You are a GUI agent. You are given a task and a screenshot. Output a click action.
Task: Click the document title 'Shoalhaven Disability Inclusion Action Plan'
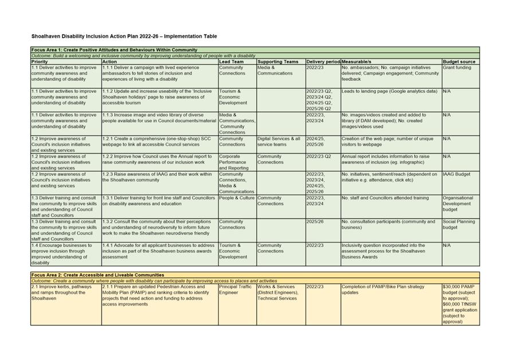point(124,36)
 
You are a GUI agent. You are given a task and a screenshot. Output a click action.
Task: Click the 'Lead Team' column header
point(231,61)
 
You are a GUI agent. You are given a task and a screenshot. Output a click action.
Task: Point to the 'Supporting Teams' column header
point(278,61)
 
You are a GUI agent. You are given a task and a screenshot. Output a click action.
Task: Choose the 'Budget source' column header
point(459,61)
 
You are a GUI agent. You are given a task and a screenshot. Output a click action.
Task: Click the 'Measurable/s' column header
point(356,61)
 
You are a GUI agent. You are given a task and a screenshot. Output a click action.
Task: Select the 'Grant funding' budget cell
point(457,68)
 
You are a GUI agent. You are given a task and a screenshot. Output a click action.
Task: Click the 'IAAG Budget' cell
point(457,174)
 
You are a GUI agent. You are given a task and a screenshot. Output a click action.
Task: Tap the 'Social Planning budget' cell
point(457,224)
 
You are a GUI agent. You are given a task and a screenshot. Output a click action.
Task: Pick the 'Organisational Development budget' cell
point(458,204)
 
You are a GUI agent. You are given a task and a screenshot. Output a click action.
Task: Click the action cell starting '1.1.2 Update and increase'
point(155,97)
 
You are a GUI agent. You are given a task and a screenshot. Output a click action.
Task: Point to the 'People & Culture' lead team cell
point(237,198)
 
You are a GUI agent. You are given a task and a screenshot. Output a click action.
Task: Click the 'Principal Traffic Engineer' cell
point(236,289)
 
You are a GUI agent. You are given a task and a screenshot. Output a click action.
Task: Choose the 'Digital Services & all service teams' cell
point(279,142)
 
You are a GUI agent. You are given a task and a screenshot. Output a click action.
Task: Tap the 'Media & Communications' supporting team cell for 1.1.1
point(275,71)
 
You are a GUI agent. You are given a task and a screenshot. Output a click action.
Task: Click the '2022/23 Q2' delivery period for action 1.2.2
point(319,156)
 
